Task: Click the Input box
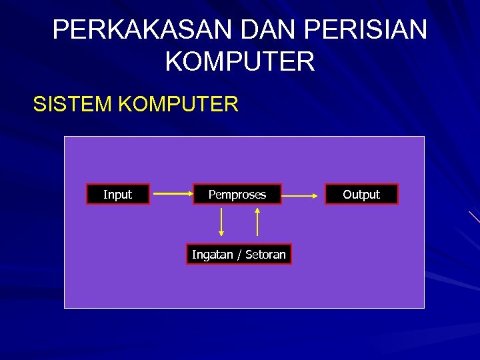(x=118, y=194)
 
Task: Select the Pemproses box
(x=237, y=194)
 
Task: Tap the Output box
(x=361, y=194)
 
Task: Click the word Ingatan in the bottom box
(x=212, y=254)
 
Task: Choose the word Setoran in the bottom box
(x=265, y=254)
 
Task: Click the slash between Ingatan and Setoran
(x=239, y=254)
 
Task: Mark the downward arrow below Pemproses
(x=221, y=221)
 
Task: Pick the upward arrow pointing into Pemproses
(x=257, y=221)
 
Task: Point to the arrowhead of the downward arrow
(x=221, y=233)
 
